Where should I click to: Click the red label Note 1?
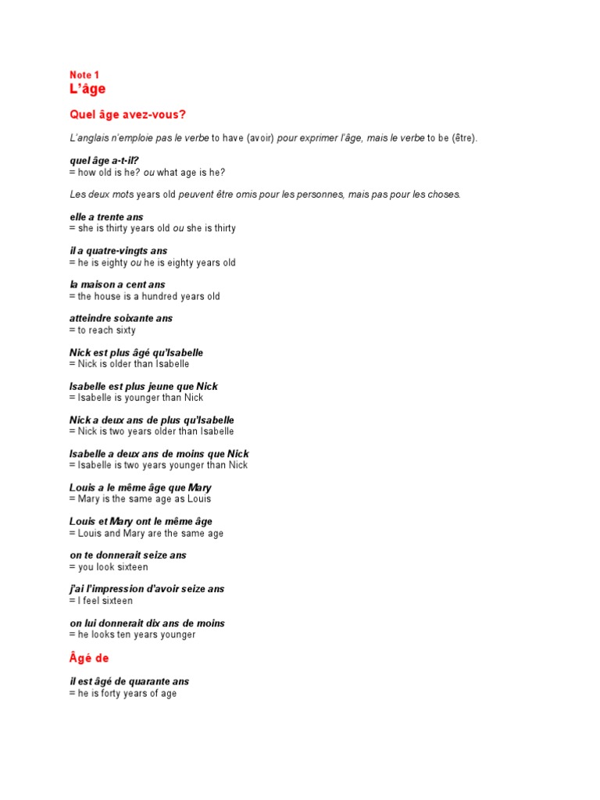tap(84, 75)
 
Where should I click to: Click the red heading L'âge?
tap(87, 89)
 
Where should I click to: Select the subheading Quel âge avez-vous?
tap(128, 115)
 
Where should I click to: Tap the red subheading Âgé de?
tap(89, 659)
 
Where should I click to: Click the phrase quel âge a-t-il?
tap(104, 161)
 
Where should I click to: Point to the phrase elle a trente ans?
tap(106, 217)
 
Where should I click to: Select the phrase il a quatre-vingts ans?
tap(118, 251)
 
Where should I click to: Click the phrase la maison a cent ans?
tap(117, 284)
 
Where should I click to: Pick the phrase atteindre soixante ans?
tap(121, 319)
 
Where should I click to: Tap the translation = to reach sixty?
tap(102, 330)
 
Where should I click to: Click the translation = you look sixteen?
tap(109, 567)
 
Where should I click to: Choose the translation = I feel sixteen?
tap(101, 601)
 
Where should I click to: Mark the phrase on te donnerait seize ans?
tap(127, 555)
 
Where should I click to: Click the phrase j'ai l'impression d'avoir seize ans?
tap(147, 589)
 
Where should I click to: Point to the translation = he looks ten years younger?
tap(132, 635)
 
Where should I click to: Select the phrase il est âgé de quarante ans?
tap(129, 681)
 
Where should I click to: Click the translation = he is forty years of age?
tap(123, 693)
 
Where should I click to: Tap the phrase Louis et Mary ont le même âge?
tap(141, 521)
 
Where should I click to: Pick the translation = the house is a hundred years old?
tap(145, 296)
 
